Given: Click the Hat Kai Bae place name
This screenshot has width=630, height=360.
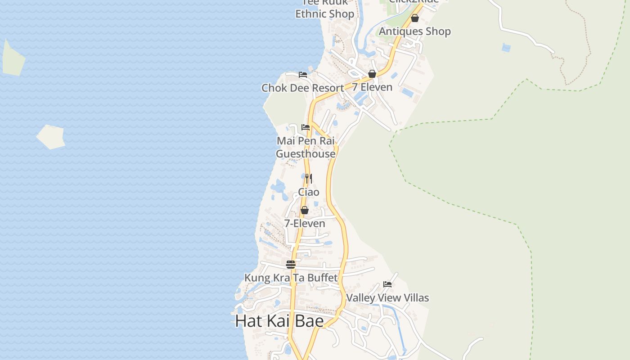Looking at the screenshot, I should pyautogui.click(x=279, y=321).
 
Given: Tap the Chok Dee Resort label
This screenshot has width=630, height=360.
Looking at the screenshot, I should pyautogui.click(x=302, y=88).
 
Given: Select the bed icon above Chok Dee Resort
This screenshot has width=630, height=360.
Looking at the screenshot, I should pyautogui.click(x=303, y=75).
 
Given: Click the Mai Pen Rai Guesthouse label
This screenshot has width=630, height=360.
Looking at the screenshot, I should pyautogui.click(x=306, y=147).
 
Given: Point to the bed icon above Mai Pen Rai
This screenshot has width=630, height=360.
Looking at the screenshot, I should pyautogui.click(x=306, y=127).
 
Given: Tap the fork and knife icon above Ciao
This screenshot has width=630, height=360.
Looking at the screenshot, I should pyautogui.click(x=308, y=179).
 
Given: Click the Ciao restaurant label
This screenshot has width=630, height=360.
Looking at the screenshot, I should pyautogui.click(x=309, y=192).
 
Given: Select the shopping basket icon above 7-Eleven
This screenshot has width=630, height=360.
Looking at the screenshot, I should pyautogui.click(x=305, y=210).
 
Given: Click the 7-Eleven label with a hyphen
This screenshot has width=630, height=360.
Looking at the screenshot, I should pyautogui.click(x=305, y=223).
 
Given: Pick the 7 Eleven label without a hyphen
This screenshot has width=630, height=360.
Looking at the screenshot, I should pyautogui.click(x=372, y=87).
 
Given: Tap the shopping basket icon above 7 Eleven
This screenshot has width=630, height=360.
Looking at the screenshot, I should pyautogui.click(x=372, y=74).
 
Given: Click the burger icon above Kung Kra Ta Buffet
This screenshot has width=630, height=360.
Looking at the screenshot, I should pyautogui.click(x=291, y=264).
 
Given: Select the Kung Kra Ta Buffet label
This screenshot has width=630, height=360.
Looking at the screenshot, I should pyautogui.click(x=291, y=278).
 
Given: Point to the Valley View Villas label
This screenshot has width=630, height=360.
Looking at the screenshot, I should pyautogui.click(x=387, y=297).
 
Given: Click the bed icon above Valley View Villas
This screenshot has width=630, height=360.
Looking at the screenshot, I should pyautogui.click(x=387, y=284).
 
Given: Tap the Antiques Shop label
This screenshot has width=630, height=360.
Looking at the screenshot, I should pyautogui.click(x=414, y=31).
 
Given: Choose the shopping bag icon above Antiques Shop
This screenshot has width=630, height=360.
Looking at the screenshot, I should pyautogui.click(x=415, y=18).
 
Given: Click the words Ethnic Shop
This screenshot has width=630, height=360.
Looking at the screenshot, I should pyautogui.click(x=324, y=14).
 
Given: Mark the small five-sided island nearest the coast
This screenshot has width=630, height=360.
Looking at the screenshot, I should pyautogui.click(x=51, y=137).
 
